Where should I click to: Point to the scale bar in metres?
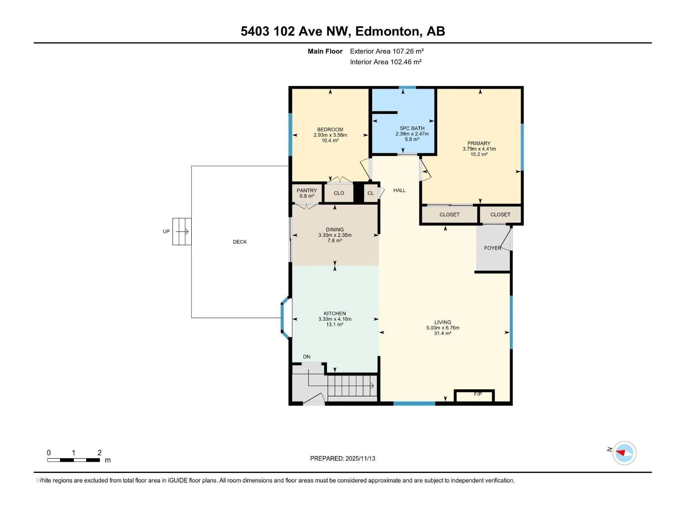pyautogui.click(x=73, y=460)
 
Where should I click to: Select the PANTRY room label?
pyautogui.click(x=307, y=190)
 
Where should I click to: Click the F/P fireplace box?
pyautogui.click(x=474, y=396)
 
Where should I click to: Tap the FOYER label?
pyautogui.click(x=493, y=248)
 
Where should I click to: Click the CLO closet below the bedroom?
pyautogui.click(x=339, y=193)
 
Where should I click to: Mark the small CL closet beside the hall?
pyautogui.click(x=371, y=193)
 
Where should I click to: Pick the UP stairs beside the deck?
pyautogui.click(x=182, y=232)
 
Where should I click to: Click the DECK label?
pyautogui.click(x=240, y=242)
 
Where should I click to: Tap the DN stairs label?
pyautogui.click(x=307, y=357)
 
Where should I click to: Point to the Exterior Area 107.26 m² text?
pyautogui.click(x=387, y=51)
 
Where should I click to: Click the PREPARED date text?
pyautogui.click(x=343, y=458)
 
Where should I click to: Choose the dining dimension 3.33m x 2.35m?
pyautogui.click(x=335, y=235)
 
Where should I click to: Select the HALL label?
pyautogui.click(x=400, y=190)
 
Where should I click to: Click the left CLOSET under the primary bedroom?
pyautogui.click(x=449, y=215)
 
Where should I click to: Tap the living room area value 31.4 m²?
pyautogui.click(x=442, y=333)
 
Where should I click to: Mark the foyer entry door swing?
pyautogui.click(x=506, y=239)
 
